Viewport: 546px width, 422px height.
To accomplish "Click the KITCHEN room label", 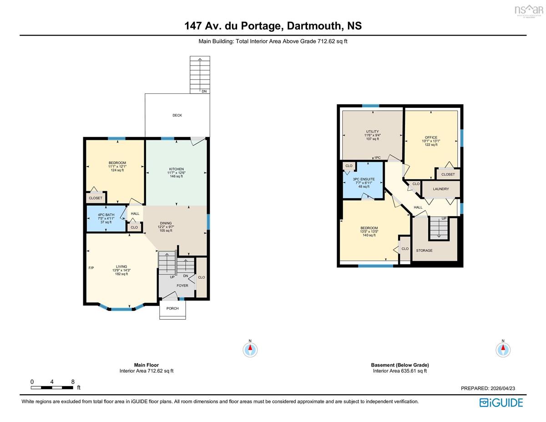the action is [x=177, y=169].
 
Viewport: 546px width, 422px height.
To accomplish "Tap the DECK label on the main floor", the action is [x=177, y=115].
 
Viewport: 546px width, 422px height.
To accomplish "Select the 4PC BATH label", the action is [x=106, y=215].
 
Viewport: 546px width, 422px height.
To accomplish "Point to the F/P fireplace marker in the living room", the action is [x=91, y=268].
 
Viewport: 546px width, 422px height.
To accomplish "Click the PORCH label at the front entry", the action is [x=172, y=308].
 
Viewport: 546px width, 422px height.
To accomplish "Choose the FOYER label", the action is [x=182, y=285].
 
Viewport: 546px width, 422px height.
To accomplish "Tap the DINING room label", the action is [x=166, y=223].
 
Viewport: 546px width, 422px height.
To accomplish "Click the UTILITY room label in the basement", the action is [x=372, y=132].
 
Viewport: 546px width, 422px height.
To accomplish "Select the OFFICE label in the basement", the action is [x=431, y=137].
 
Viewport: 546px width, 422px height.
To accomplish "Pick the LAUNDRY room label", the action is [x=441, y=189].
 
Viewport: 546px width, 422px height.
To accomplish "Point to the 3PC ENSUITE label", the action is [x=364, y=179].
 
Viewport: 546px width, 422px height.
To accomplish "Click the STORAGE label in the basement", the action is [x=424, y=250].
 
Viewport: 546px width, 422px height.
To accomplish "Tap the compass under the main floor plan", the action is [x=250, y=349].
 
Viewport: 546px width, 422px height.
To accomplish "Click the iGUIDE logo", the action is [x=501, y=402].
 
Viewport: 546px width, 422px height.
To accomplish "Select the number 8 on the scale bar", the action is [x=73, y=382].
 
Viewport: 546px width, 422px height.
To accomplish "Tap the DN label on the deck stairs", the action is [x=204, y=91].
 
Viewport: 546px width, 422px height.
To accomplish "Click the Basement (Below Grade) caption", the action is [x=400, y=365].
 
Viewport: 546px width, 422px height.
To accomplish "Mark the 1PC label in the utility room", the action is [x=377, y=158].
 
